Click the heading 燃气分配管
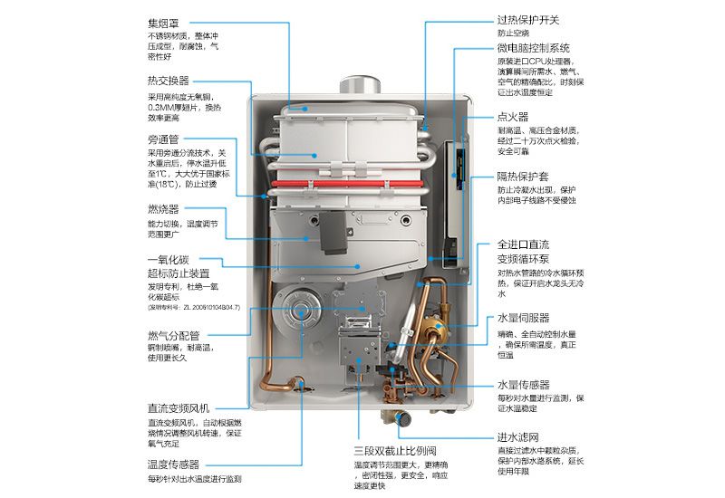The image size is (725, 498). pos(175,336)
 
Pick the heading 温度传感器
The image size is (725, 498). pos(173,464)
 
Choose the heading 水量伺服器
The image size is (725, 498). pos(523,319)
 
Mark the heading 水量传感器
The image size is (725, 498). pos(523,384)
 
